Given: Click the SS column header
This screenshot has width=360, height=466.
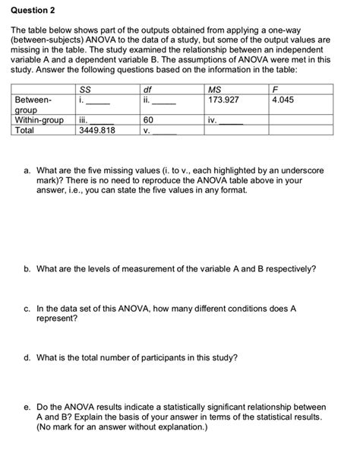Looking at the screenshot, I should [84, 90].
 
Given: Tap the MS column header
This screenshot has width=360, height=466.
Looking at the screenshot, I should [212, 90].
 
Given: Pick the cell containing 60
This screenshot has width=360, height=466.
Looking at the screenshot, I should [148, 119].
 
